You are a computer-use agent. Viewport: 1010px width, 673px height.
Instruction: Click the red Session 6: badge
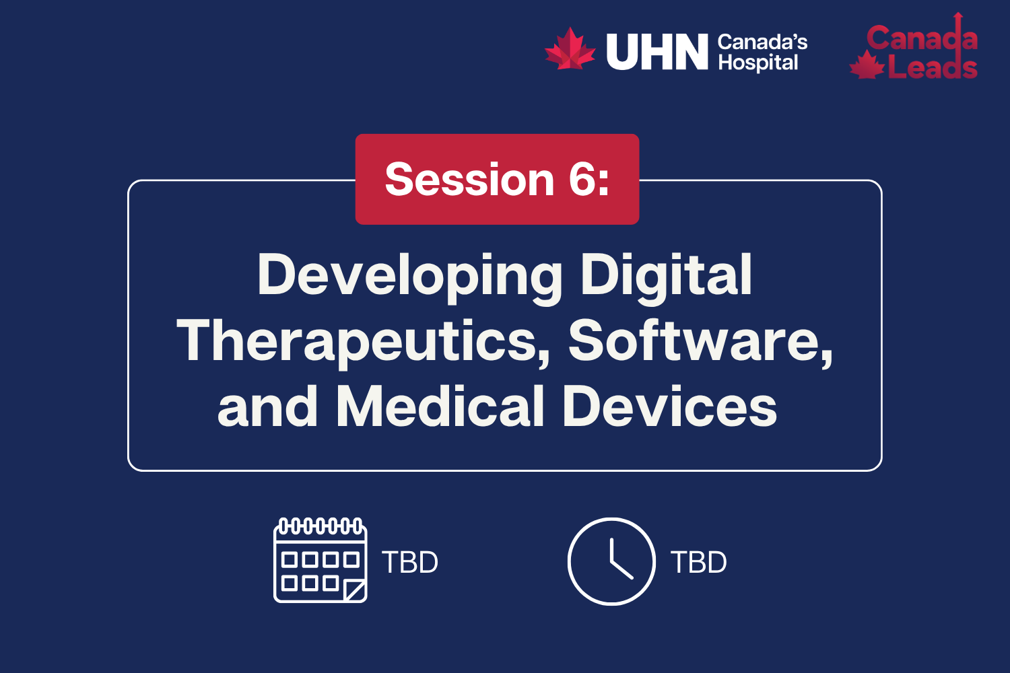497,179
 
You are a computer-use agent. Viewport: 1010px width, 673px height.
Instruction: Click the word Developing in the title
409,276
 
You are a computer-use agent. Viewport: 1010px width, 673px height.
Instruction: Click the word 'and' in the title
267,406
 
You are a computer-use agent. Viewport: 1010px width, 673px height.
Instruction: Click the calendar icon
320,560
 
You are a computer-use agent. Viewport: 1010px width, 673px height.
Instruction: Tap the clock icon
611,561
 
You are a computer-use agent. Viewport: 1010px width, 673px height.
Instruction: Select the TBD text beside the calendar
410,563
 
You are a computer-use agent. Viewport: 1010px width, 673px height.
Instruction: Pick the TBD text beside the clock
699,563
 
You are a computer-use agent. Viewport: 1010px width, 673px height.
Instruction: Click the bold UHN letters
657,52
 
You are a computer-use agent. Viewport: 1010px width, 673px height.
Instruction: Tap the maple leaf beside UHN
570,49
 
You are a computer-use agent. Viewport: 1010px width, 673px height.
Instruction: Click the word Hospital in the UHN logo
758,63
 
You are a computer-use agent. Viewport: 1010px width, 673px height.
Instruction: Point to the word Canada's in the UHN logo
762,42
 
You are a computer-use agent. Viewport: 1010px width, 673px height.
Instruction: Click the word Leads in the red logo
932,67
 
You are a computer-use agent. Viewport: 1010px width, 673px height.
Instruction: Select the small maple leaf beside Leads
867,66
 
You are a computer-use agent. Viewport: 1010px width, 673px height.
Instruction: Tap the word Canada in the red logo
921,38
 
